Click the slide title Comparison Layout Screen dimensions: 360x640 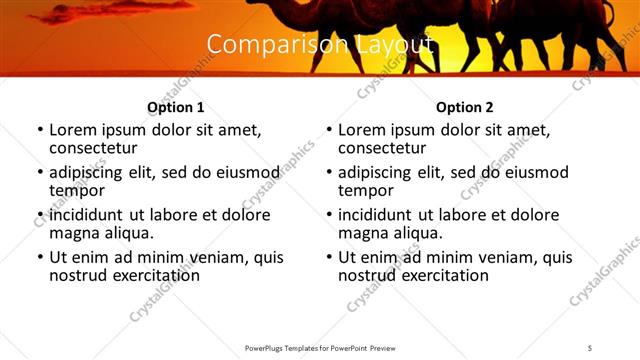tap(319, 45)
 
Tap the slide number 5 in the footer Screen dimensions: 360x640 tap(590, 347)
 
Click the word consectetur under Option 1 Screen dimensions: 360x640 tap(95, 148)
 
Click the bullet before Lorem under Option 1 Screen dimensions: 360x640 tap(39, 131)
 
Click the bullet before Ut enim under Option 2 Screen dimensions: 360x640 tap(328, 257)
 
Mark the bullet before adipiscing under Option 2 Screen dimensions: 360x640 tap(328, 173)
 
